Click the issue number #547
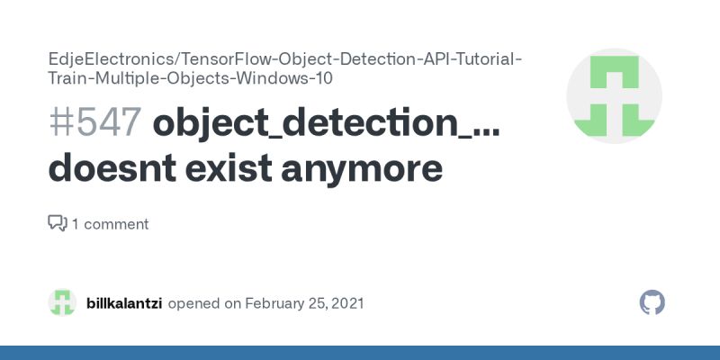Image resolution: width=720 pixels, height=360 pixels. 94,123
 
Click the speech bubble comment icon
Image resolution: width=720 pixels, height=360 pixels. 57,223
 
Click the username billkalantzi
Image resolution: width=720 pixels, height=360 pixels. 124,303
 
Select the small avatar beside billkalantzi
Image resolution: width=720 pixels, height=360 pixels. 62,302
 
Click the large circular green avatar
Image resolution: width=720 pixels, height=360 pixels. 614,96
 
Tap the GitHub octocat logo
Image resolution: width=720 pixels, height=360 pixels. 652,302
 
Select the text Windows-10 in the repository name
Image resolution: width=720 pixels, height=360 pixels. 301,77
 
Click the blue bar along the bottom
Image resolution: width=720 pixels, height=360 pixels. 360,352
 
